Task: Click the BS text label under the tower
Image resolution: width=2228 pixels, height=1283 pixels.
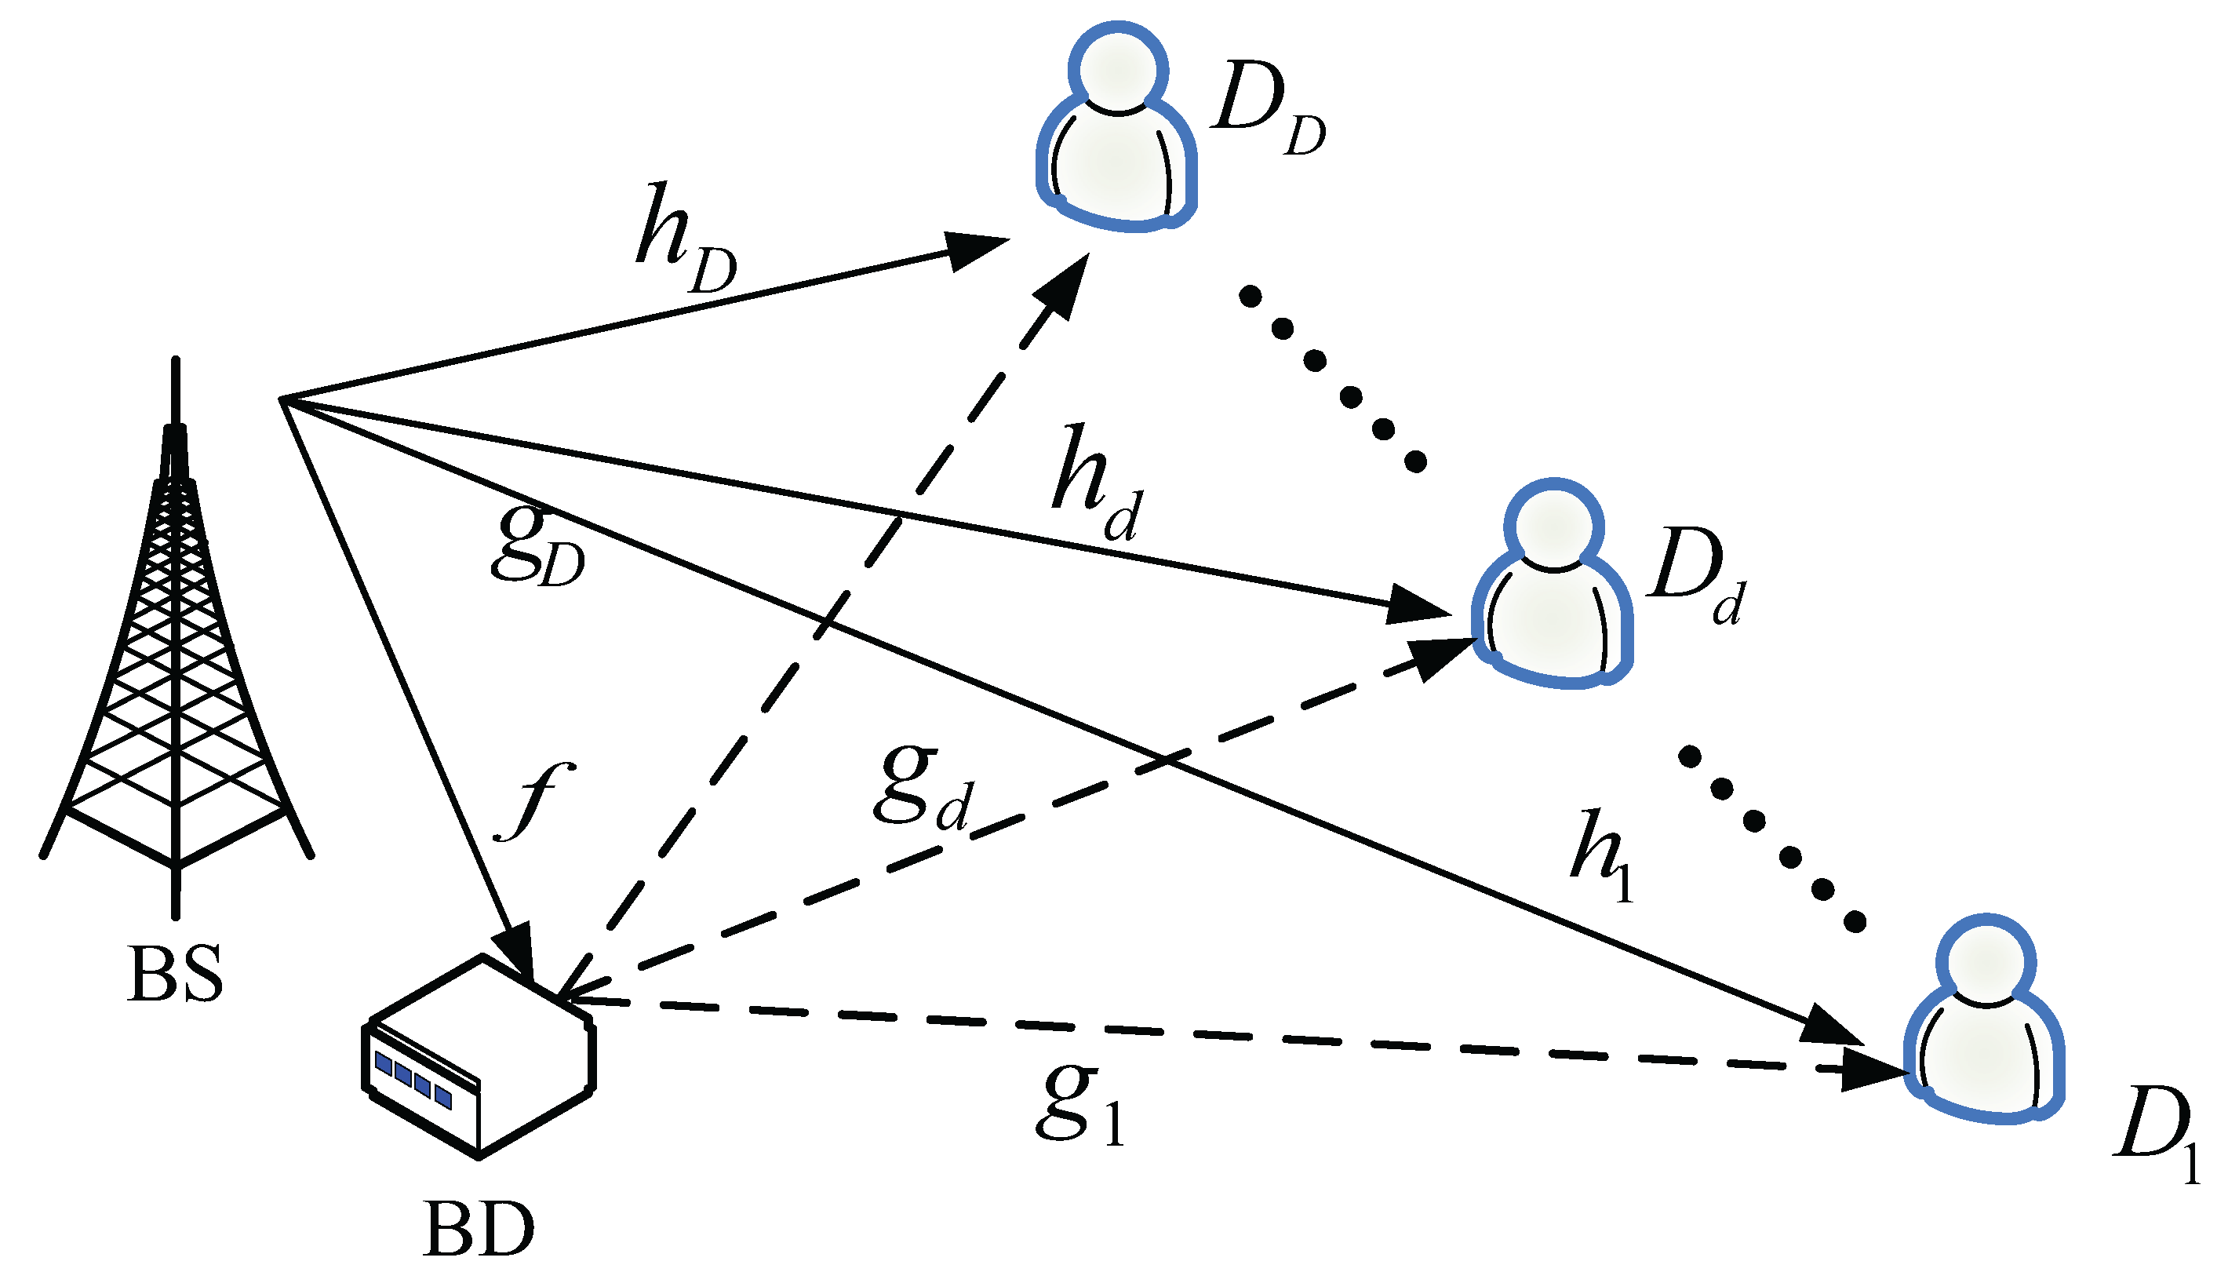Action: (x=174, y=975)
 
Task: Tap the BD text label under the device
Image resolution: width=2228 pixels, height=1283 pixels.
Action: (x=479, y=1230)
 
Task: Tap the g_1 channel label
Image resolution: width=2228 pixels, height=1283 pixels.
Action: (x=1079, y=1106)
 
